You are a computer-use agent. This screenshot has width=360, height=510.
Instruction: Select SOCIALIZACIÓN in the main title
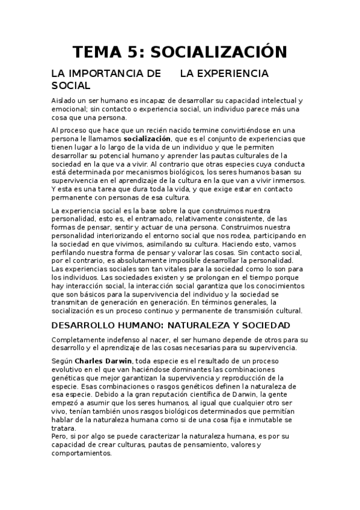point(218,52)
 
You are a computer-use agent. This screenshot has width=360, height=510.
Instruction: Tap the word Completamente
point(78,340)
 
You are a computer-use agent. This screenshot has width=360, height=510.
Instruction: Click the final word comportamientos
point(84,453)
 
